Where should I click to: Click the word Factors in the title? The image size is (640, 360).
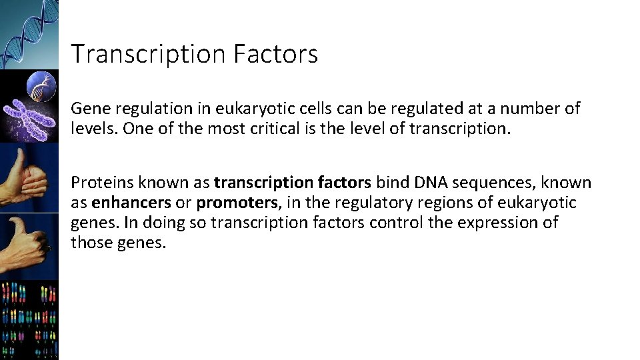coord(275,54)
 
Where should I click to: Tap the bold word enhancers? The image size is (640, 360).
coord(131,203)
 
